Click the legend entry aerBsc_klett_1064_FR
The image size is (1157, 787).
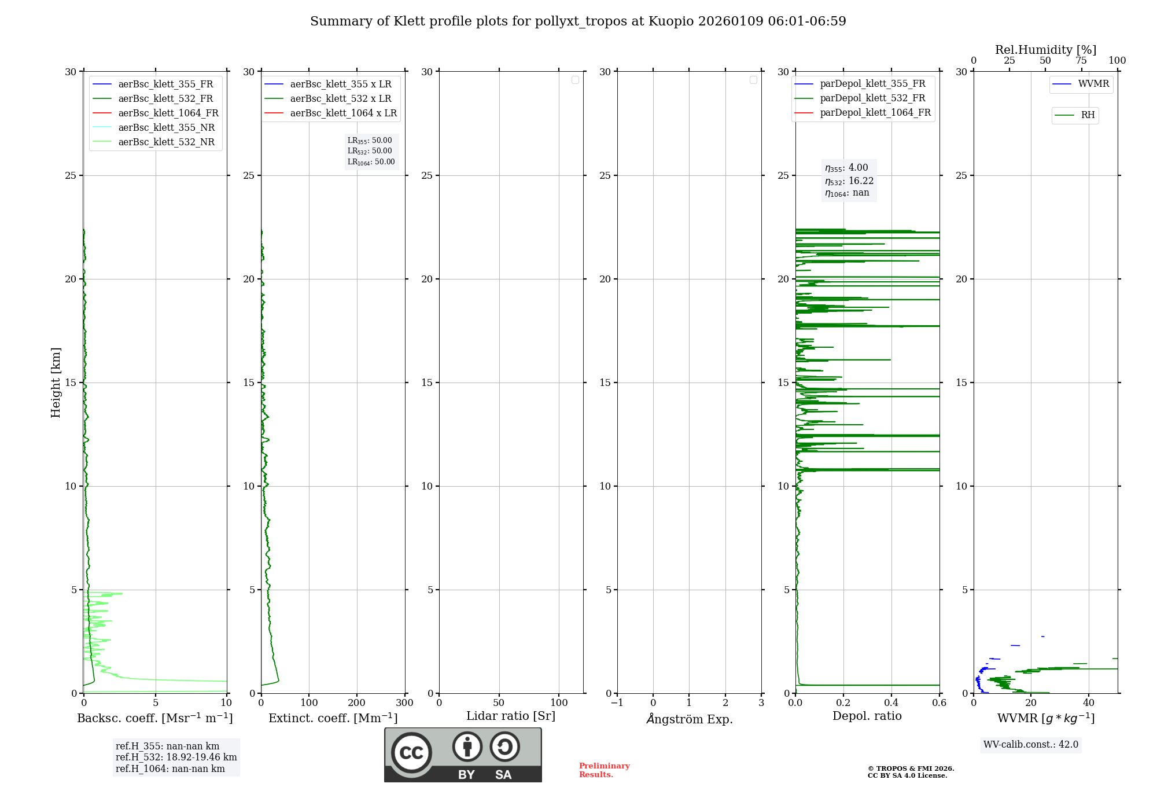pos(168,113)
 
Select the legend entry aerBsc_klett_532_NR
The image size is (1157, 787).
pos(166,142)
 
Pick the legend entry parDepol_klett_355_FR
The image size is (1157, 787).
pos(872,84)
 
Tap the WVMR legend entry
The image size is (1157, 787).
pos(1093,84)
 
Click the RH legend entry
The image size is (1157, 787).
pos(1088,115)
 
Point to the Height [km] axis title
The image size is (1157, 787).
pos(56,383)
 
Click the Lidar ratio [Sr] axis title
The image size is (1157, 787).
pos(511,716)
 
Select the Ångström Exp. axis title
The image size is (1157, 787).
pos(690,719)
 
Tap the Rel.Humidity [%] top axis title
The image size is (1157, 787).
pos(1045,50)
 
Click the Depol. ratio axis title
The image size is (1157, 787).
pos(867,716)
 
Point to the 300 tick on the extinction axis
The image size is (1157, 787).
pos(404,703)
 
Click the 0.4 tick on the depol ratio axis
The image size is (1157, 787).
pos(891,703)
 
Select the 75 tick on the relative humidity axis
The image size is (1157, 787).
pos(1081,61)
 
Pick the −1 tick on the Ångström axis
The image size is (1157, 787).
pos(617,703)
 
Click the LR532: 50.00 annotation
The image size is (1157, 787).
pos(370,151)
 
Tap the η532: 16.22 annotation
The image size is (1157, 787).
pos(849,181)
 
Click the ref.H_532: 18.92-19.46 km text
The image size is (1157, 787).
pos(176,757)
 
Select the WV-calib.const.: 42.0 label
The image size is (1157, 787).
pos(1031,745)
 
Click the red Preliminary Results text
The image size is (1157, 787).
pos(604,770)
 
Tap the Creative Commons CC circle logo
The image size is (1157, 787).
pos(411,753)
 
